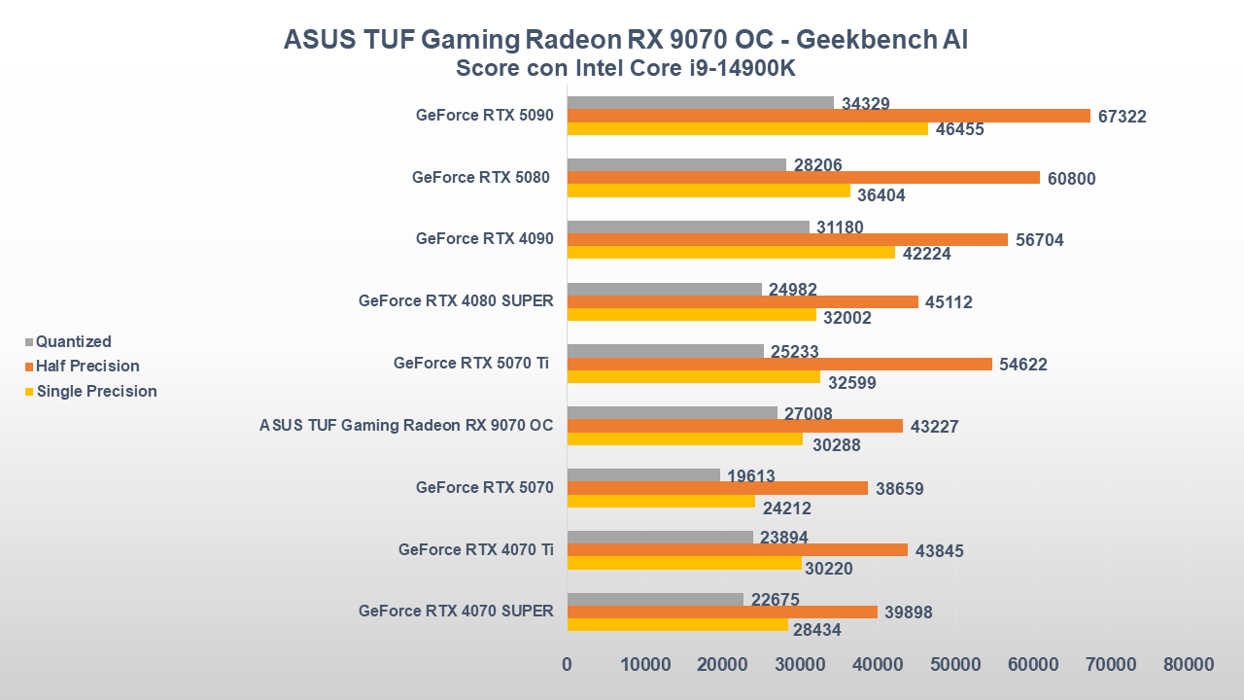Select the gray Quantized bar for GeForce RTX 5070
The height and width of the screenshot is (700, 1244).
point(643,475)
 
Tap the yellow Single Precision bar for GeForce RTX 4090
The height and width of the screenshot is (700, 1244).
point(731,253)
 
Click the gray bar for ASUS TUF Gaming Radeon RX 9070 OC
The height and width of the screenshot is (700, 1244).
point(672,413)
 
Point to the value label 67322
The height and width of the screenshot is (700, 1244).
point(1123,117)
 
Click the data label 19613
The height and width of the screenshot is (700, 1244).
point(751,476)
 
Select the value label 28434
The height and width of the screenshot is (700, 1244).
point(817,630)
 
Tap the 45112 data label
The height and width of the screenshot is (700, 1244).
point(948,302)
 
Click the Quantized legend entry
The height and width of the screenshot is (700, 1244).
point(73,341)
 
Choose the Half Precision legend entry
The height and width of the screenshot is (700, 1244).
point(87,367)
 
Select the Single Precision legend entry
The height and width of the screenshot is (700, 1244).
point(96,391)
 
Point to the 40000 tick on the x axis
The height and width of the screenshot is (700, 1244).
point(878,664)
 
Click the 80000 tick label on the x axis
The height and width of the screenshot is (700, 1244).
point(1189,664)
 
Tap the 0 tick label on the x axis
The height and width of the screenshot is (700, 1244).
point(568,664)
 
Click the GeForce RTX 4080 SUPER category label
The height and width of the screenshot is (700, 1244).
point(456,300)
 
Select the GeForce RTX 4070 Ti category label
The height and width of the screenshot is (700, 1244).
point(476,549)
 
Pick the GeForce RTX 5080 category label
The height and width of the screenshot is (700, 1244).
point(481,177)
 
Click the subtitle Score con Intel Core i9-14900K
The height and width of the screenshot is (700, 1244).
point(626,69)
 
